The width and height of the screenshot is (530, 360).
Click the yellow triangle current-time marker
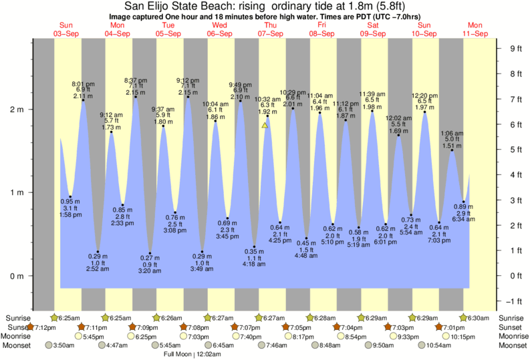tap(265, 125)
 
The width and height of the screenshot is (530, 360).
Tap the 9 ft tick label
tap(515, 48)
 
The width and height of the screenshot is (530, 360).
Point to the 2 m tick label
tap(18, 110)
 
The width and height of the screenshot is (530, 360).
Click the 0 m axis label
tap(18, 276)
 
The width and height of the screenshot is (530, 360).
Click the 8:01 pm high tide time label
tap(83, 83)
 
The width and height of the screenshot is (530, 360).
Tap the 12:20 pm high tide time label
tap(424, 95)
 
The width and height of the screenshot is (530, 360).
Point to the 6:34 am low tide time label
tap(463, 220)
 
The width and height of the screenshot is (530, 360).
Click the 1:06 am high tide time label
tap(452, 133)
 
